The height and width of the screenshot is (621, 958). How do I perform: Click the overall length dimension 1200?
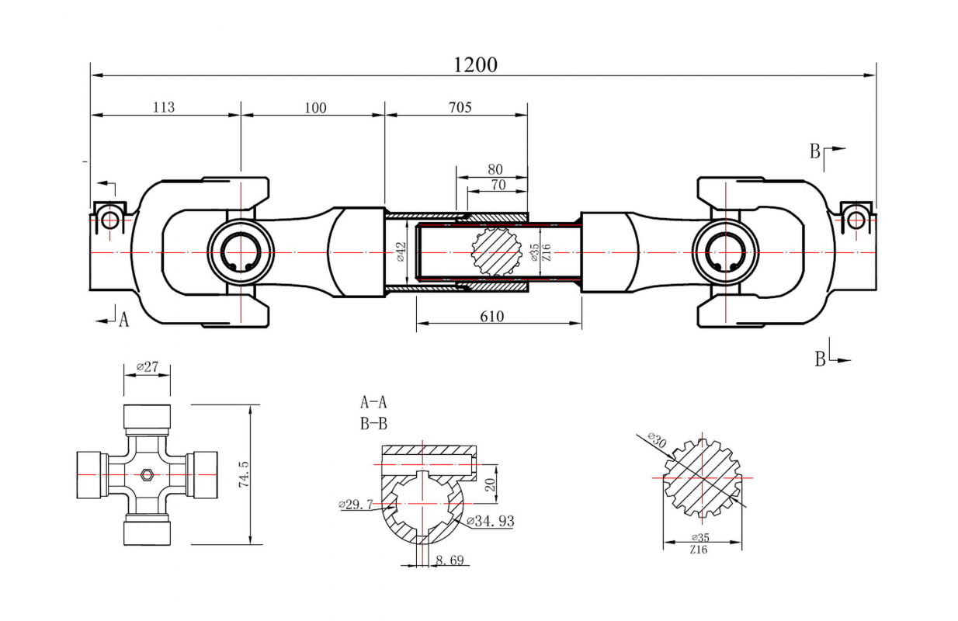click(x=475, y=64)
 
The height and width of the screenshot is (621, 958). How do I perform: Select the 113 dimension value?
click(x=164, y=107)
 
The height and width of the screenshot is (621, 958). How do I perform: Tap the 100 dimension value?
click(x=315, y=107)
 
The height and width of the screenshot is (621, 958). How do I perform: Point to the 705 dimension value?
click(x=460, y=107)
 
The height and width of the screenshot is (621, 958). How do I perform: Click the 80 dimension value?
click(x=495, y=169)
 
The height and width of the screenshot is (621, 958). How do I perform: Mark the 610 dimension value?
click(x=492, y=316)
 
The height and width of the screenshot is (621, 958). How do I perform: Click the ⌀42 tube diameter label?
click(x=401, y=252)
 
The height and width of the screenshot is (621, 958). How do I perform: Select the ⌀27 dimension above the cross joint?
click(x=148, y=366)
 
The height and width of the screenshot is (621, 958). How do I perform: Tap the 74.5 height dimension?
click(x=243, y=474)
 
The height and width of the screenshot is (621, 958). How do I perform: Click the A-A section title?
click(x=373, y=402)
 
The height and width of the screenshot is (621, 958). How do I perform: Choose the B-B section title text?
click(x=373, y=423)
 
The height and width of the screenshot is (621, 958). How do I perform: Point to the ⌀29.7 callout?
click(x=355, y=505)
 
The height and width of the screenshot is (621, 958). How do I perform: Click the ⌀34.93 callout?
click(x=490, y=520)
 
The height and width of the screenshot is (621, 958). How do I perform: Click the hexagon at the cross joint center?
click(x=148, y=475)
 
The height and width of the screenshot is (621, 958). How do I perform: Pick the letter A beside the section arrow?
click(x=123, y=318)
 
